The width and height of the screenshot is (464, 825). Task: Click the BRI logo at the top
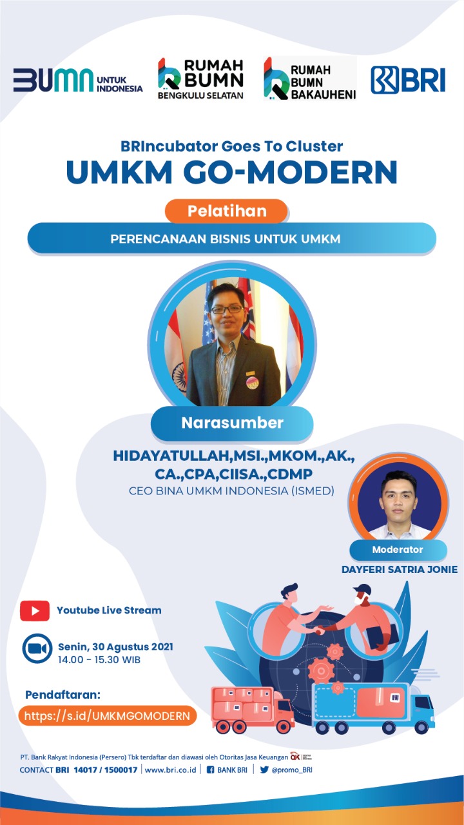pos(408,79)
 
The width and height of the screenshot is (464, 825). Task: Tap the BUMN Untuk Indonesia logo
pos(78,80)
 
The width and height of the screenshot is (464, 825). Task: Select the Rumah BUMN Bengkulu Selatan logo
pos(200,79)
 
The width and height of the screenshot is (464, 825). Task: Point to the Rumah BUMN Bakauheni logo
pos(310,79)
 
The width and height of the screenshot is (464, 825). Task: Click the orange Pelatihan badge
pos(226,211)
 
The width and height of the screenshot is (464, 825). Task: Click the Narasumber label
pos(232,423)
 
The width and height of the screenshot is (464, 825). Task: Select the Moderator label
pos(398,550)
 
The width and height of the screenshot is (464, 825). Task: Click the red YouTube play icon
pos(35,610)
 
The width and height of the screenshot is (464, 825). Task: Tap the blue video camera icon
pos(37,648)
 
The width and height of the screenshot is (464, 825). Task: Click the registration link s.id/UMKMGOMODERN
pos(107,715)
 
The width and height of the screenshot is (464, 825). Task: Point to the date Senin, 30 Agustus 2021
pos(115,646)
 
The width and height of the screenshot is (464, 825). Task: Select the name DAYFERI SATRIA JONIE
pos(400,569)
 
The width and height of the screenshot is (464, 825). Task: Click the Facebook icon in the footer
pos(210,770)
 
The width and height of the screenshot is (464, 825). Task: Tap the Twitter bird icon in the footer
pos(264,770)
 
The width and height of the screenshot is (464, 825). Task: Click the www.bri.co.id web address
pos(171,770)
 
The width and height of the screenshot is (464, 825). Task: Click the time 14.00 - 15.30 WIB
pos(99,659)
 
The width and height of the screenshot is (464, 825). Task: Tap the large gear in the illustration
pos(321,671)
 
